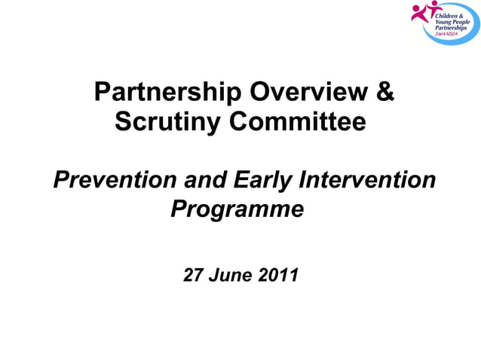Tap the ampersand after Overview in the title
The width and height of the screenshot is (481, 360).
pyautogui.click(x=384, y=93)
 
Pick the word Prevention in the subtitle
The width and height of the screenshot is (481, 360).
pyautogui.click(x=112, y=181)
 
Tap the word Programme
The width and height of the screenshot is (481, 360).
pyautogui.click(x=237, y=209)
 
